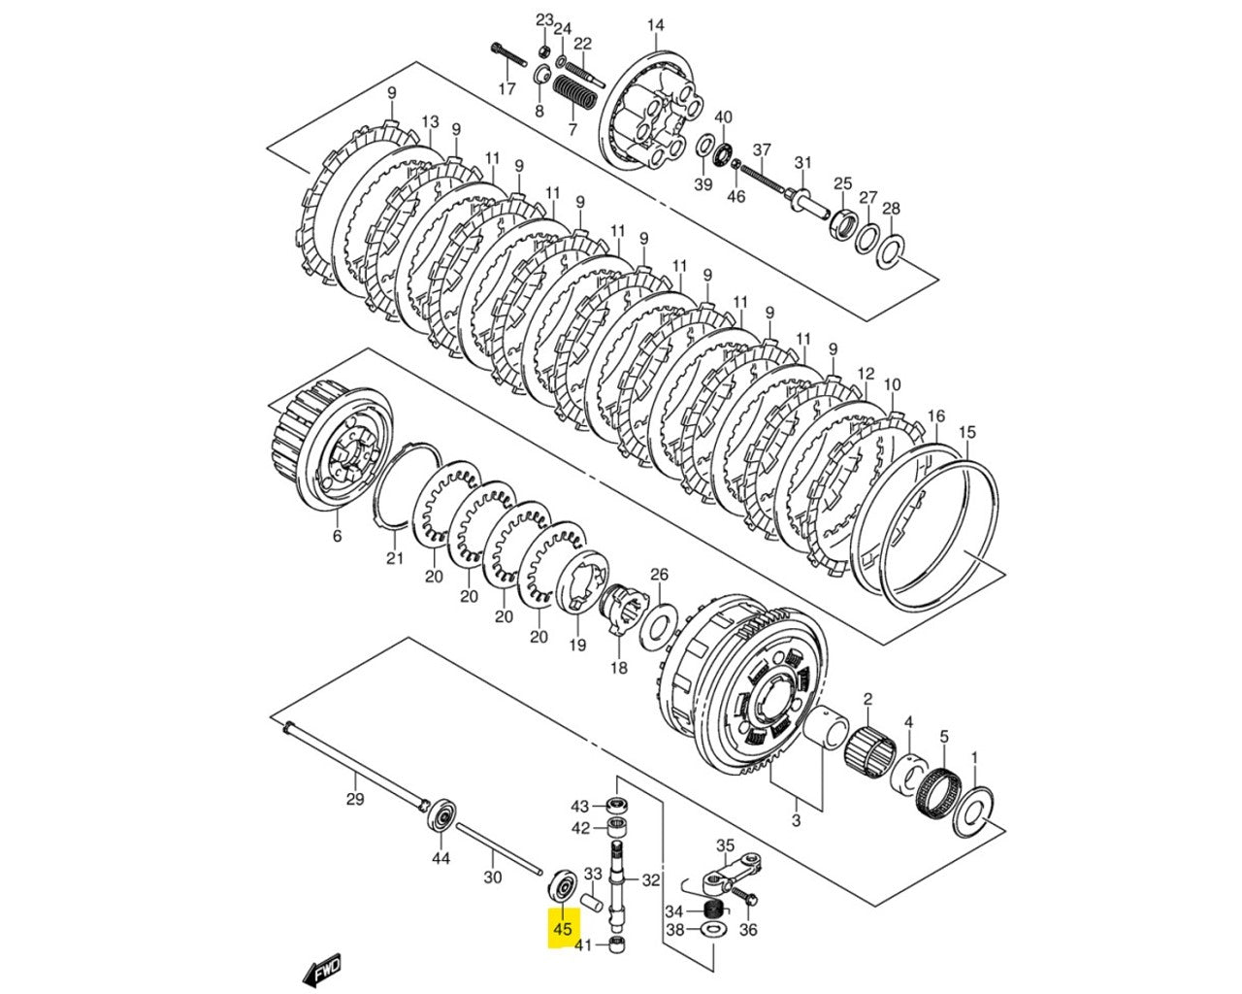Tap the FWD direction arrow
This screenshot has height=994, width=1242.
pos(321,969)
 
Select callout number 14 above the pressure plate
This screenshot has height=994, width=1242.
pos(656,25)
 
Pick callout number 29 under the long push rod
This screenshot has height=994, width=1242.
pos(355,799)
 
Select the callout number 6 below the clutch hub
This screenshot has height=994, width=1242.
pos(337,536)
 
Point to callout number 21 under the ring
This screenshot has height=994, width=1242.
pos(394,558)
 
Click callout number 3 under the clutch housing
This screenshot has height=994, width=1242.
pos(796,821)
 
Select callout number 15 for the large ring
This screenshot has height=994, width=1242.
pos(966,431)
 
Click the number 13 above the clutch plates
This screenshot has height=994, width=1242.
pos(430,122)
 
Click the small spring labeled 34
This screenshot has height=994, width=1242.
pos(713,911)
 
